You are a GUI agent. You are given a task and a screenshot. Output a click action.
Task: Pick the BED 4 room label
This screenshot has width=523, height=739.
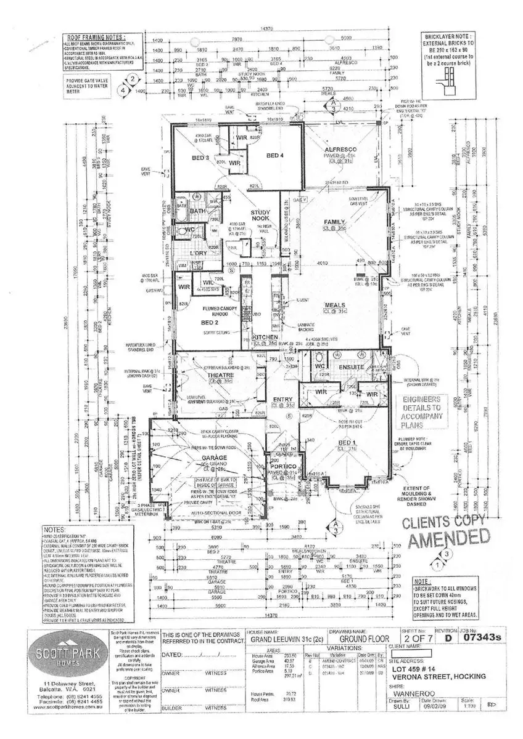275,155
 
